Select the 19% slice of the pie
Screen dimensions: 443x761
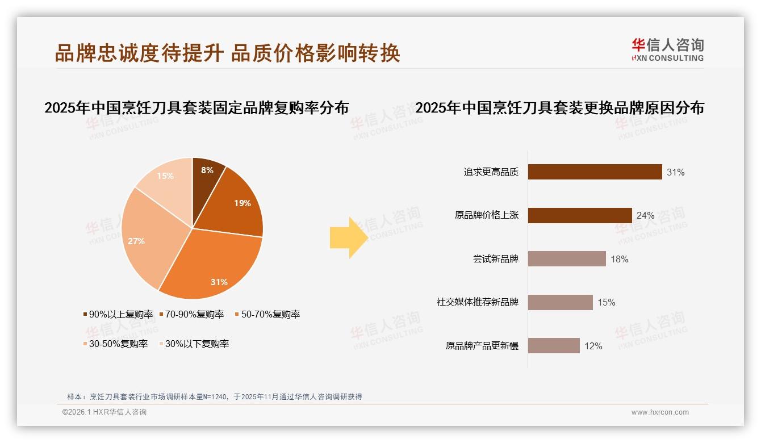239,202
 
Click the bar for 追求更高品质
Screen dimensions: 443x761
595,172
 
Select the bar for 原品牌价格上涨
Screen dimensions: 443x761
580,216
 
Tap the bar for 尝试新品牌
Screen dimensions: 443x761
567,259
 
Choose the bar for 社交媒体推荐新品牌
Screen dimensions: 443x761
560,302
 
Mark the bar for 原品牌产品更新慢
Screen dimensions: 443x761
554,346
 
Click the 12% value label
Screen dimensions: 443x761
593,346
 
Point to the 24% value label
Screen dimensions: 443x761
646,216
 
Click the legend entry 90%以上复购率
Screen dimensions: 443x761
118,314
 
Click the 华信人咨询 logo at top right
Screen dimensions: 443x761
667,49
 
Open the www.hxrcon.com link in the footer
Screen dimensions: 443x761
660,412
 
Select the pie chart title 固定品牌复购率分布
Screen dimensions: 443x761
196,108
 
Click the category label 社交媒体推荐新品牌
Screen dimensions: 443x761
477,302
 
